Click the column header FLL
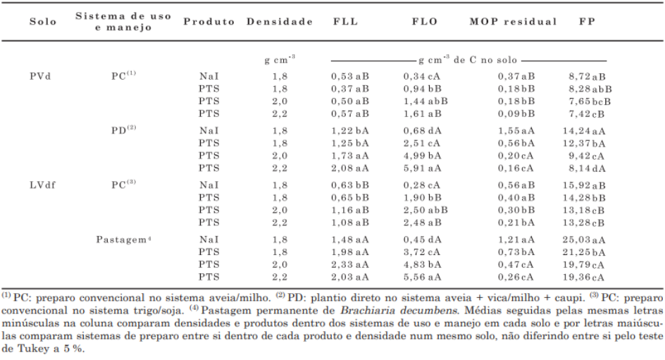pyautogui.click(x=345, y=22)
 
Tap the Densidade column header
pyautogui.click(x=280, y=22)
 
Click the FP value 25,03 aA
pyautogui.click(x=590, y=240)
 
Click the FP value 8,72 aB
pyautogui.click(x=590, y=75)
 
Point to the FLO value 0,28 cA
pyautogui.click(x=425, y=185)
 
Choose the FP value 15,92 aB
pyautogui.click(x=590, y=185)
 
